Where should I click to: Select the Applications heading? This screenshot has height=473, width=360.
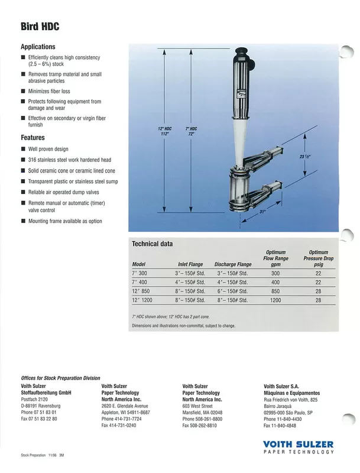(38, 46)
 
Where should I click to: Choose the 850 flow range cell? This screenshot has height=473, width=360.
(275, 291)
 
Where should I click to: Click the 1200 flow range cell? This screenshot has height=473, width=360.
(275, 300)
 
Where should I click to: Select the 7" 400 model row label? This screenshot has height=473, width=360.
(141, 282)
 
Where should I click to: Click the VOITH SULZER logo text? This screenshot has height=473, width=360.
(299, 444)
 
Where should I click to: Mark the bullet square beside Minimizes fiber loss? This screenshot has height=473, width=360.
(23, 92)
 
